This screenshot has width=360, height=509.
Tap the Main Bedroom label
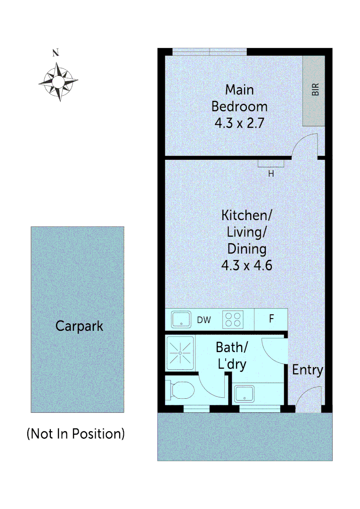click(x=239, y=98)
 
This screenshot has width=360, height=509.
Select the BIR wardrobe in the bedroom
click(x=314, y=90)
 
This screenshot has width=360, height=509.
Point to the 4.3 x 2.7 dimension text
click(x=239, y=123)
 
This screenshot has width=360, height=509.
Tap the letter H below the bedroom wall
click(x=271, y=173)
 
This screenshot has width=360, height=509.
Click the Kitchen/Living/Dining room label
click(x=247, y=232)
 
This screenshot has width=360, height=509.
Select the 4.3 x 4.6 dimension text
click(x=247, y=265)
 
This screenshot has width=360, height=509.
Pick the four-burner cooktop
click(x=232, y=320)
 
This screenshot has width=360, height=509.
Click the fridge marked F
click(x=271, y=319)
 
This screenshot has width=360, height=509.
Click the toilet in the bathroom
click(x=181, y=390)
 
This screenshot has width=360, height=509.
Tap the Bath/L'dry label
click(x=231, y=356)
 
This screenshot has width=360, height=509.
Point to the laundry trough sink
click(x=245, y=394)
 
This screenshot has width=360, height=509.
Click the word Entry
click(x=308, y=370)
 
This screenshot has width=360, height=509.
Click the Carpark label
click(x=79, y=326)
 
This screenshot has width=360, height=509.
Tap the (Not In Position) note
click(x=76, y=434)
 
